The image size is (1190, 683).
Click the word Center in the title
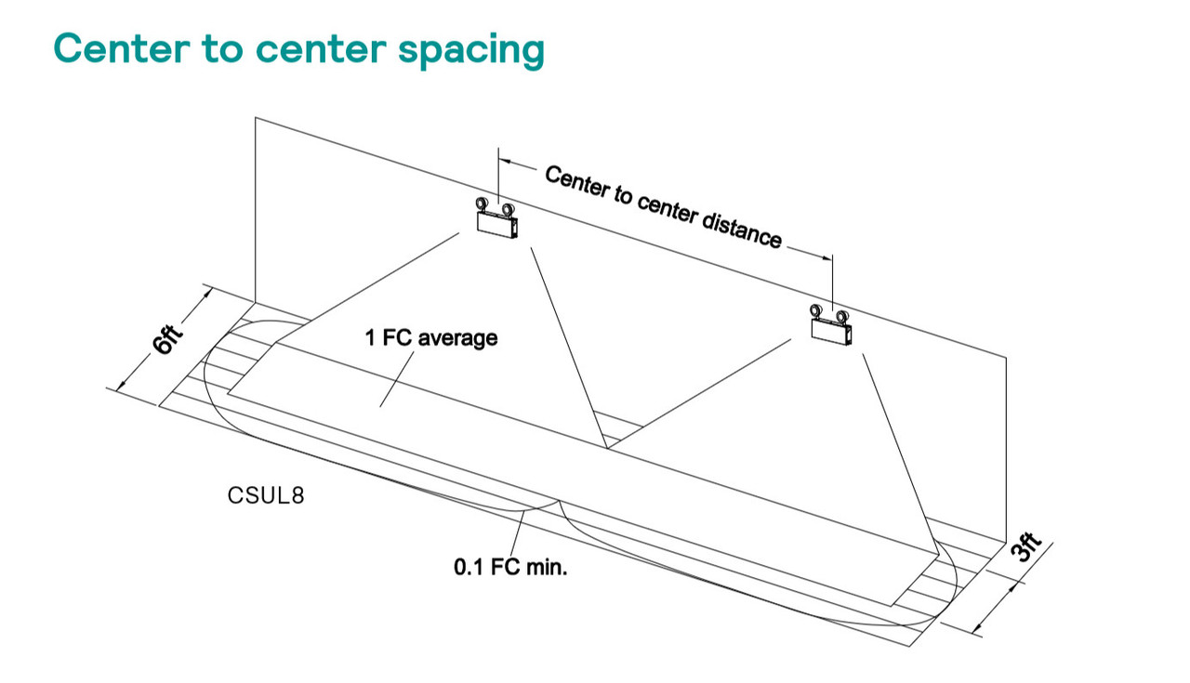(122, 48)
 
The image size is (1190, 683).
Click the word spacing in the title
(471, 51)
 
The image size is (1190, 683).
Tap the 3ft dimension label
(1025, 546)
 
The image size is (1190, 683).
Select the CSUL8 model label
(266, 495)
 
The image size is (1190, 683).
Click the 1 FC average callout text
(430, 337)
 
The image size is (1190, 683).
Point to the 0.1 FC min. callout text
(510, 567)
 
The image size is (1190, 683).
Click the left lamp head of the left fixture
(482, 204)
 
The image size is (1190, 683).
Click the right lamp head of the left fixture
(508, 210)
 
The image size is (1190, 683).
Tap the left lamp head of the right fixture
(816, 310)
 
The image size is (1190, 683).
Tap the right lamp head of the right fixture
(842, 317)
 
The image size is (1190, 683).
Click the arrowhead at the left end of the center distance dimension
(504, 161)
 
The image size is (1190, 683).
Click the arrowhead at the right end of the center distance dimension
(826, 258)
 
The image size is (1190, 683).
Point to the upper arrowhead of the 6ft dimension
(206, 293)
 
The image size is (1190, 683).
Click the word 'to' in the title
(222, 49)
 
